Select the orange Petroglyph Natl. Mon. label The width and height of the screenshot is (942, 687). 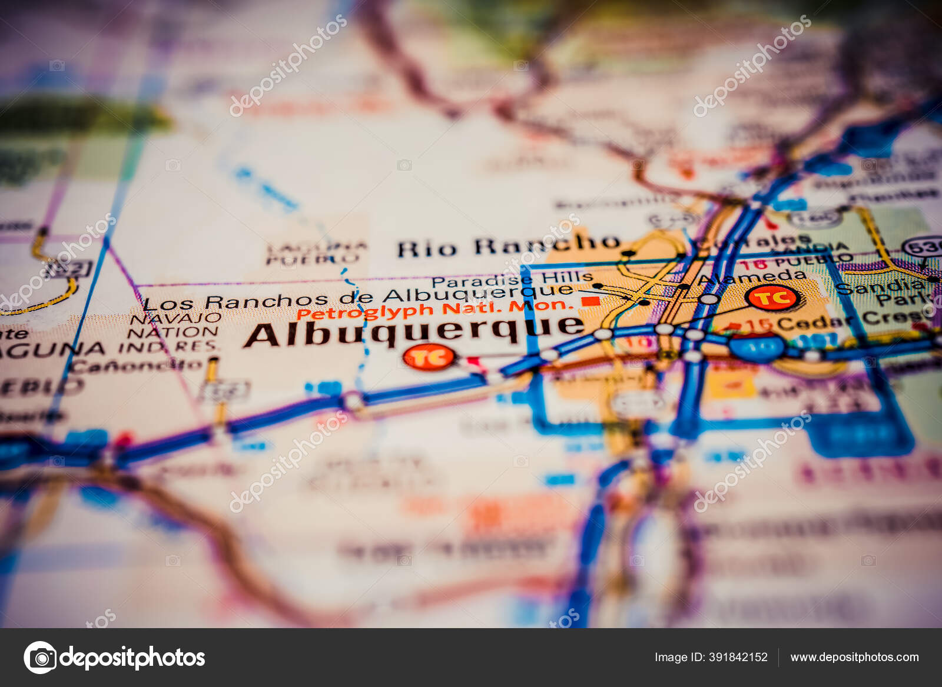click(x=434, y=309)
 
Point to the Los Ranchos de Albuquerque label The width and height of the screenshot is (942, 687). click(x=358, y=298)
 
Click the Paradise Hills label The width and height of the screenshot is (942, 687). click(x=512, y=279)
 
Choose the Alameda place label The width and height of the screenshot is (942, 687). click(x=752, y=277)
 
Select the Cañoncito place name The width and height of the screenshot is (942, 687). click(x=137, y=366)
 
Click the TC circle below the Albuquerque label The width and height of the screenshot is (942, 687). click(x=429, y=357)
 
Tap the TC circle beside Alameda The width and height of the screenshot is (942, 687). click(x=772, y=297)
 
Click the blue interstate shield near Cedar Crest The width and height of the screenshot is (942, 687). click(x=758, y=347)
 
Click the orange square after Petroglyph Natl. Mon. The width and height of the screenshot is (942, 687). click(x=591, y=301)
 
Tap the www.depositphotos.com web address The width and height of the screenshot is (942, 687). click(x=854, y=657)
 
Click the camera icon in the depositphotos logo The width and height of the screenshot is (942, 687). click(x=40, y=658)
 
